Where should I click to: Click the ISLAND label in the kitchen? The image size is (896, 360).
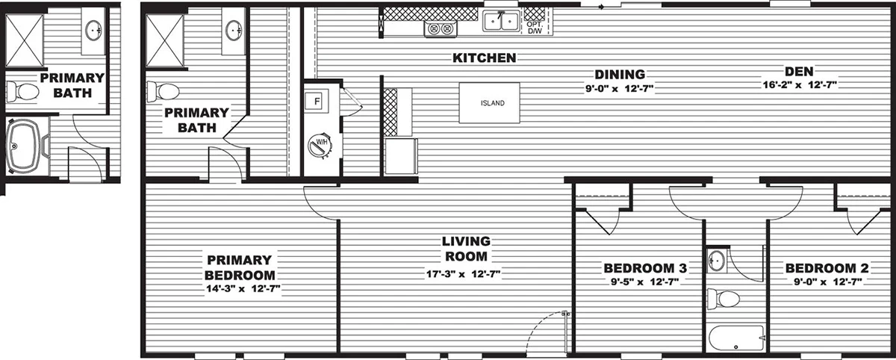pos(492,103)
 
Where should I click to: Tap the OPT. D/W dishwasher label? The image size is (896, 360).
pos(535,28)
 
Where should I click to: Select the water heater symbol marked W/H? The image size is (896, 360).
pos(320,144)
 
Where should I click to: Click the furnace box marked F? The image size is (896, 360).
pos(316,100)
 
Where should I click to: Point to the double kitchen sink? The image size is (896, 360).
pos(501,21)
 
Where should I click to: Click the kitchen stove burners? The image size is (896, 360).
pos(440,28)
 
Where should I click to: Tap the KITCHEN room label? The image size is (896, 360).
pos(485,58)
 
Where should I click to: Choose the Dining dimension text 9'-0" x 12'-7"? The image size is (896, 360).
pos(620,88)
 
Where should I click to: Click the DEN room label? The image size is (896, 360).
pos(799,71)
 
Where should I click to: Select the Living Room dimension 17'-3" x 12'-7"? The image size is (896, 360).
pos(463,274)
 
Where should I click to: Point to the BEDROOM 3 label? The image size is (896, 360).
pos(645,267)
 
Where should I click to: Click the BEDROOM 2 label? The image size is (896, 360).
pos(827,267)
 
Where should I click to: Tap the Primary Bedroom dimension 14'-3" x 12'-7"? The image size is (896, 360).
pos(243,289)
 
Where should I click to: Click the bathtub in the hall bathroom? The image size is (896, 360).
pos(736,338)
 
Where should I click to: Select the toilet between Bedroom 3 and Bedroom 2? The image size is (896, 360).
pos(724,298)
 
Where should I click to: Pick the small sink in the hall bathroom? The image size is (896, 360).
pos(717,261)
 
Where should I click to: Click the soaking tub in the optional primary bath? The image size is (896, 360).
pos(23,146)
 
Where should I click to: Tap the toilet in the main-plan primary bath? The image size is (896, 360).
pos(163,92)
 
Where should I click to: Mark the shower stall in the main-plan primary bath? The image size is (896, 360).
pos(165,41)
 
